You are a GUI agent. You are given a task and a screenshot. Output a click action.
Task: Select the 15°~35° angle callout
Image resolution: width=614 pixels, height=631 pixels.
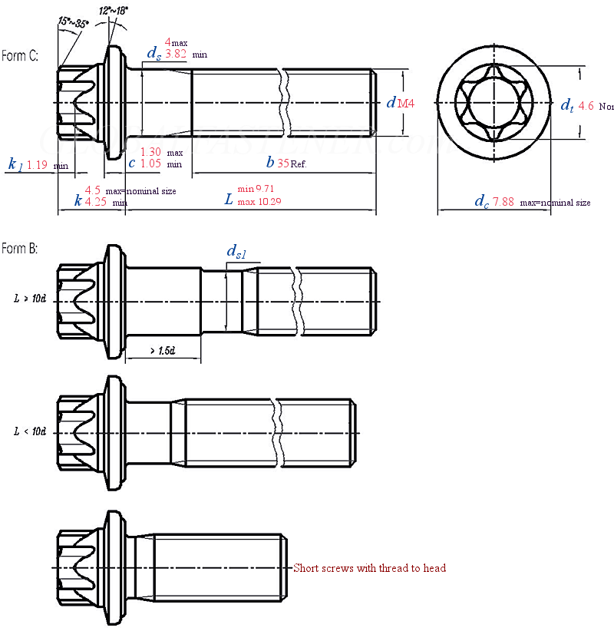pyautogui.click(x=73, y=22)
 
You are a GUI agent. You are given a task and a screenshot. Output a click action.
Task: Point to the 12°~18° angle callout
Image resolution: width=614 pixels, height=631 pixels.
pyautogui.click(x=114, y=12)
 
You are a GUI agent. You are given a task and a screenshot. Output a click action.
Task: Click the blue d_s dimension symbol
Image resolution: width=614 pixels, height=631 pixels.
pyautogui.click(x=153, y=53)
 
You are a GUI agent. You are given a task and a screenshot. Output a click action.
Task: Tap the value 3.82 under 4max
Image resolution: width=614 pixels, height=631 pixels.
pyautogui.click(x=176, y=55)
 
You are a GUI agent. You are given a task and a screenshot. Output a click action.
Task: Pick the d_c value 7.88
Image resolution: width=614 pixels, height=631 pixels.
pyautogui.click(x=503, y=202)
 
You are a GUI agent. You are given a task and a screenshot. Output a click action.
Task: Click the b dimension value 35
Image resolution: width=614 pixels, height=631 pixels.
pyautogui.click(x=282, y=163)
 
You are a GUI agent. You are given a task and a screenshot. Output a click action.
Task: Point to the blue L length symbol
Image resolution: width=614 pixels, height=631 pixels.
pyautogui.click(x=228, y=200)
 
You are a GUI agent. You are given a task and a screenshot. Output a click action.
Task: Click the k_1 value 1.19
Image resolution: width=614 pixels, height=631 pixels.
pyautogui.click(x=38, y=164)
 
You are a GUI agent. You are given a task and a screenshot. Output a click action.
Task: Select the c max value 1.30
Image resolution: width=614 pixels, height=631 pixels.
pyautogui.click(x=151, y=152)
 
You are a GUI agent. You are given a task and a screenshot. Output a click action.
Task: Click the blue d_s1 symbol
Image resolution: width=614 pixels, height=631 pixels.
pyautogui.click(x=236, y=252)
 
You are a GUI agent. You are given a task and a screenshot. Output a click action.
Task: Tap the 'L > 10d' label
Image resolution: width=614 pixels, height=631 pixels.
pyautogui.click(x=31, y=298)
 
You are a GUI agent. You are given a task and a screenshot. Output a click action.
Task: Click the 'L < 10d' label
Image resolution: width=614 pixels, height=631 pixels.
pyautogui.click(x=31, y=431)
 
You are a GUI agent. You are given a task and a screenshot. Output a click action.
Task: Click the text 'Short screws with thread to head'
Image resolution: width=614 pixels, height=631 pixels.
pyautogui.click(x=369, y=568)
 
